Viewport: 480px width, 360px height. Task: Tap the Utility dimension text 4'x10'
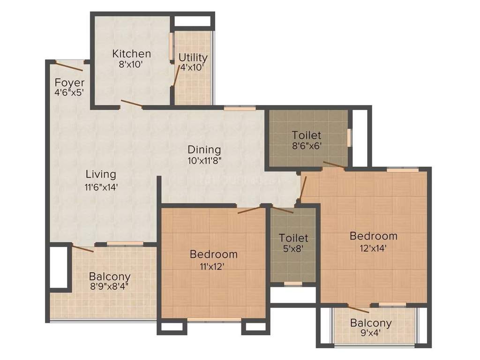pyautogui.click(x=193, y=67)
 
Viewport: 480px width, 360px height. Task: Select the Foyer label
pyautogui.click(x=69, y=83)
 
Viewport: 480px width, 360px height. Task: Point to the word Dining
pyautogui.click(x=204, y=150)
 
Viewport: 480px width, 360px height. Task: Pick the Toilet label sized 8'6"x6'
pyautogui.click(x=307, y=135)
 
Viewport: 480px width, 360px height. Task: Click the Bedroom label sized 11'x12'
pyautogui.click(x=213, y=255)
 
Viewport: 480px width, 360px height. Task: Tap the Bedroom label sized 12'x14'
pyautogui.click(x=374, y=236)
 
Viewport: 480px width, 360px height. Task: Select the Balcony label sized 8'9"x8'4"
pyautogui.click(x=110, y=277)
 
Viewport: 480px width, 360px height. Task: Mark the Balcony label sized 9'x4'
pyautogui.click(x=371, y=323)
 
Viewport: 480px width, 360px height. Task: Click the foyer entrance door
pyautogui.click(x=69, y=65)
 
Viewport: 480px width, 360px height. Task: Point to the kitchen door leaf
pyautogui.click(x=131, y=104)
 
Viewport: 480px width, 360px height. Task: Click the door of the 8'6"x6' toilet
pyautogui.click(x=334, y=164)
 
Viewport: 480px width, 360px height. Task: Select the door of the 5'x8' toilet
pyautogui.click(x=283, y=210)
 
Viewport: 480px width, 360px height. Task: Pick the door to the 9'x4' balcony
pyautogui.click(x=358, y=308)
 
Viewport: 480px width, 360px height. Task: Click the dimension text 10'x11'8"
pyautogui.click(x=204, y=160)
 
